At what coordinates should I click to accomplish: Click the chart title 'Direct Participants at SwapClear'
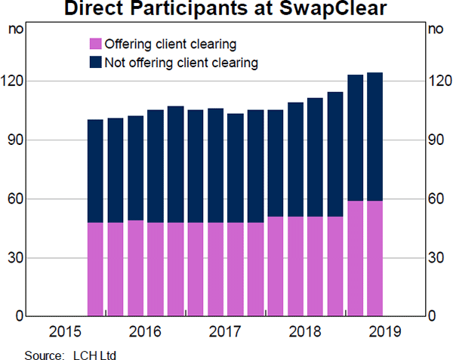point(226,10)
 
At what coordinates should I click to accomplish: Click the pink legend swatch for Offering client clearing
point(96,44)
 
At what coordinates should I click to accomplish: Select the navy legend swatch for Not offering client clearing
point(96,62)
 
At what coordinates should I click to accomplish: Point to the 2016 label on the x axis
point(145,332)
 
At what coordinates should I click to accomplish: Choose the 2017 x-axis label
point(225,332)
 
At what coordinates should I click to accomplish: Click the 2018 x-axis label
point(304,332)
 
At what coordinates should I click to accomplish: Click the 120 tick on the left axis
point(15,81)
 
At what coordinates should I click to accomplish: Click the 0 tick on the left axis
point(20,316)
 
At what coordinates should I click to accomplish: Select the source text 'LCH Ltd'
point(95,354)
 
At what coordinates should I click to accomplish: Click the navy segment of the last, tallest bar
point(374,136)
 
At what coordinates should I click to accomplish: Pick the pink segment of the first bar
point(95,269)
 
